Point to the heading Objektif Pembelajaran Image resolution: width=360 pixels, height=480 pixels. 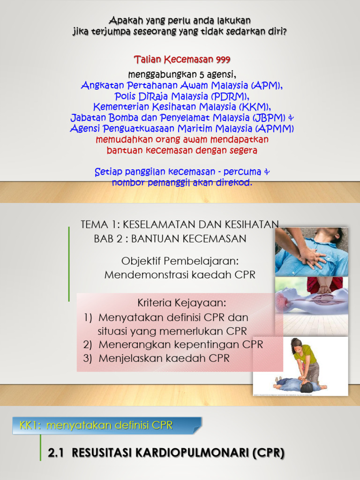[180, 261]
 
